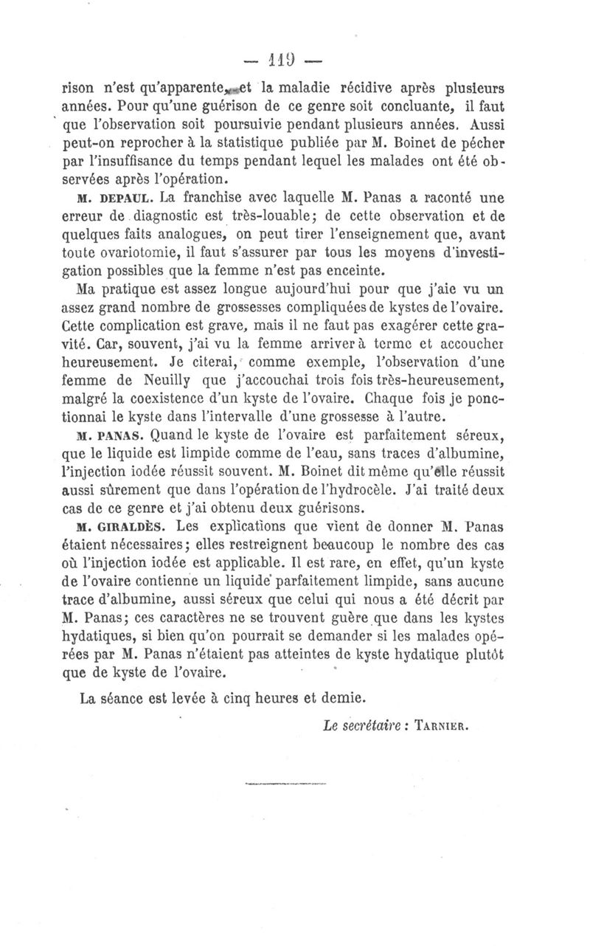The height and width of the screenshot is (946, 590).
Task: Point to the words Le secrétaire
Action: point(358,725)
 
